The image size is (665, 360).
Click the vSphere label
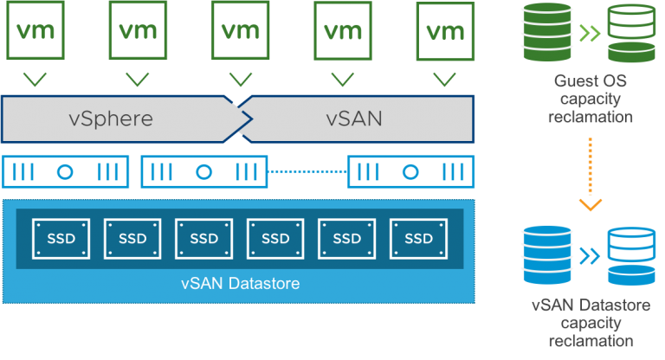(x=111, y=119)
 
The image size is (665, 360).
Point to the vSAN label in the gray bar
(x=354, y=119)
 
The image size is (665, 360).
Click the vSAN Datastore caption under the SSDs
(x=241, y=283)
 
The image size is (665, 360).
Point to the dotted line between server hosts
(x=307, y=171)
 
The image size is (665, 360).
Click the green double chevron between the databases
(x=590, y=33)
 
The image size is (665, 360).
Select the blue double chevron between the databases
(x=590, y=255)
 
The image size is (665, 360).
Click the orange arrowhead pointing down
(x=591, y=205)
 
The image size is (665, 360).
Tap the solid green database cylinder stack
(x=547, y=32)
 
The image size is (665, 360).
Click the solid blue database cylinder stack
(x=547, y=254)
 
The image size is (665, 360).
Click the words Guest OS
(x=590, y=80)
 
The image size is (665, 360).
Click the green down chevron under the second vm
(x=138, y=80)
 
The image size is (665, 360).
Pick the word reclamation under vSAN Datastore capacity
(x=591, y=340)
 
